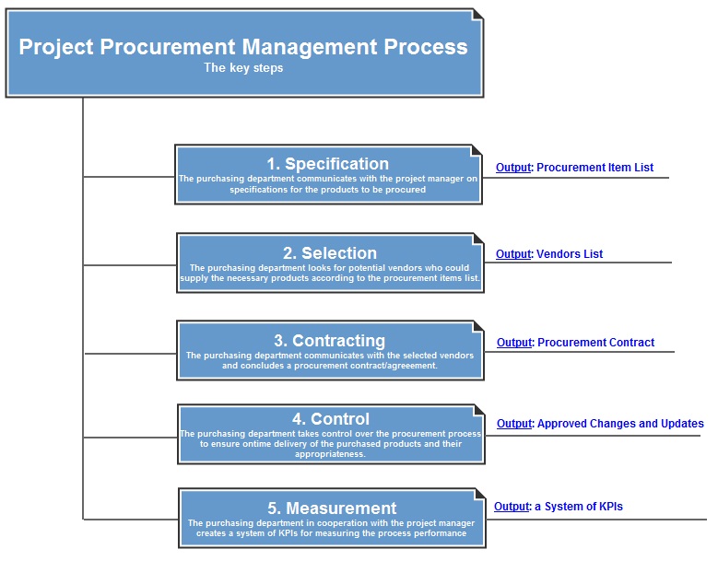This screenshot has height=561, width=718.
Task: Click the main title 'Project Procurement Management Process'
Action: (x=243, y=47)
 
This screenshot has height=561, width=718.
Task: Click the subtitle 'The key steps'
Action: (x=243, y=68)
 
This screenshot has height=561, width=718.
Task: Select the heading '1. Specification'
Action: (x=328, y=164)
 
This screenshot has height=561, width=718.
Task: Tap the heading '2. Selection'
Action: (x=329, y=253)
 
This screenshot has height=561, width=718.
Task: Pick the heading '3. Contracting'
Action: (x=329, y=341)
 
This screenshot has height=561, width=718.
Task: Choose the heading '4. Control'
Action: (x=329, y=419)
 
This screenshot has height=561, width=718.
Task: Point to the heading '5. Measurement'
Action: (x=332, y=508)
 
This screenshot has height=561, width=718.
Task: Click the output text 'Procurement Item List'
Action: (x=594, y=168)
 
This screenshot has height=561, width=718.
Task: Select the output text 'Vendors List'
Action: (x=570, y=254)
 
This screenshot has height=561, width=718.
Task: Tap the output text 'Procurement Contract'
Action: (x=595, y=343)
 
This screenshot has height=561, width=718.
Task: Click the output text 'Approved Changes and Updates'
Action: (x=620, y=424)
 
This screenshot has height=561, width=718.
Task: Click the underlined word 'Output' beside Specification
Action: (x=513, y=168)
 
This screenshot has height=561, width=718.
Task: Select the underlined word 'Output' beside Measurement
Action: (x=512, y=507)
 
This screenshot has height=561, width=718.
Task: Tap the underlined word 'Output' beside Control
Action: (x=514, y=424)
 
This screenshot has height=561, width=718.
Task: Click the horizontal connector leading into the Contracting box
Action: (x=130, y=353)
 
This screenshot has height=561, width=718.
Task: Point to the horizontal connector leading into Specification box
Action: (x=129, y=176)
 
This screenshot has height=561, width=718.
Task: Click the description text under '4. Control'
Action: (x=329, y=444)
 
